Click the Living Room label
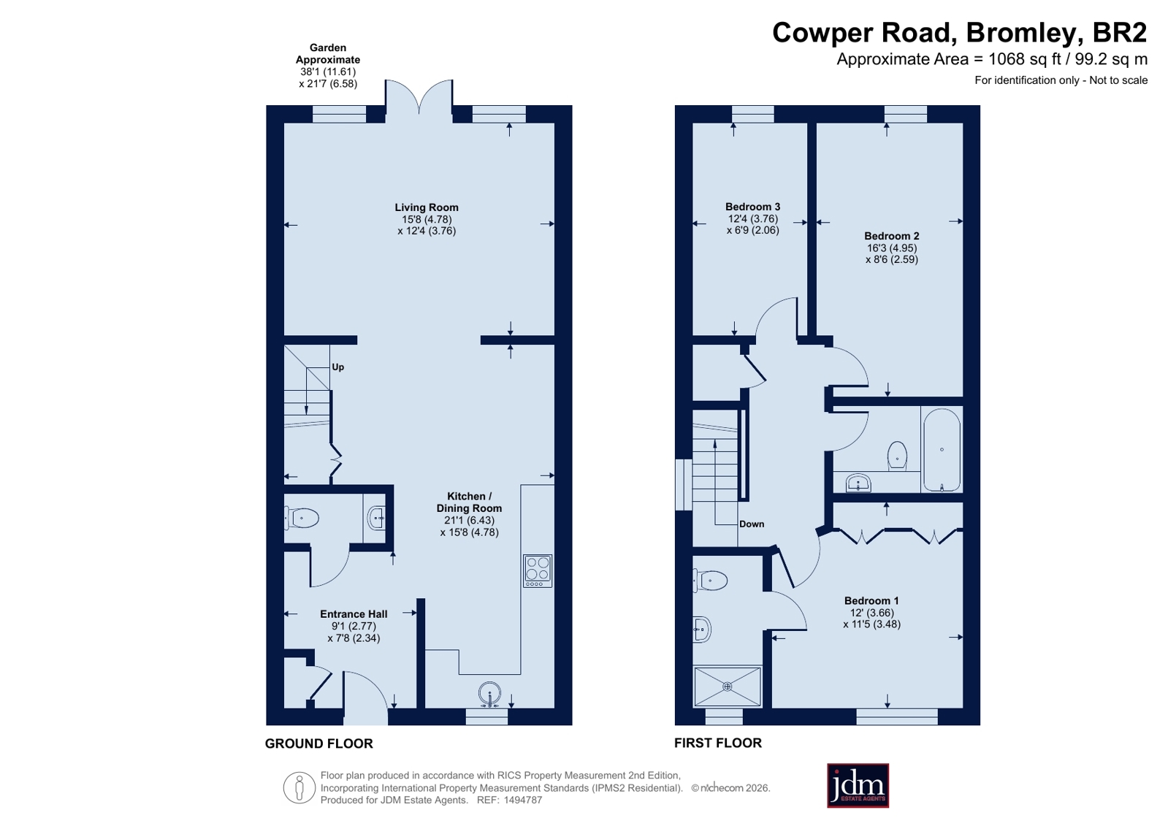427,207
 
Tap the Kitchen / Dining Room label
469,502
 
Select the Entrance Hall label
354,614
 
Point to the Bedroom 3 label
752,207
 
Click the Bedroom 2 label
892,236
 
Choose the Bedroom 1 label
871,601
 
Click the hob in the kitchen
538,571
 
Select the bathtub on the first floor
942,449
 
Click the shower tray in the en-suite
728,687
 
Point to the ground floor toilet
302,519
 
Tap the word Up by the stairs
338,367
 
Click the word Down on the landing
752,524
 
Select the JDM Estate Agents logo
858,785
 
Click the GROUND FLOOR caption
319,743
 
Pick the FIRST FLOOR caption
718,743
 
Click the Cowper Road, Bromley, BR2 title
959,33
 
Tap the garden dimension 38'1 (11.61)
328,72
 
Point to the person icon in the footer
299,787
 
